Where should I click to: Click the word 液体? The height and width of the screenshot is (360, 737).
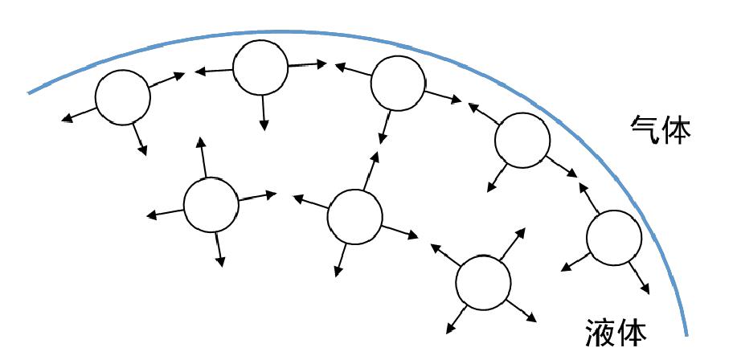616,332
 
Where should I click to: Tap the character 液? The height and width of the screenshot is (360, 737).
600,332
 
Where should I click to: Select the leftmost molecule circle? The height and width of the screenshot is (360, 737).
122,96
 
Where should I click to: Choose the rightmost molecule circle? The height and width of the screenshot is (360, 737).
614,238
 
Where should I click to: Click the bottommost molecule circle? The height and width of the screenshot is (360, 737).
483,283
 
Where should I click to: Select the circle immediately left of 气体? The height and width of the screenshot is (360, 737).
522,140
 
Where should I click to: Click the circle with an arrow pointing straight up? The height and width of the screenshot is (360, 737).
211,205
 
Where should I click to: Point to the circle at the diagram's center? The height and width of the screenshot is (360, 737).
354,217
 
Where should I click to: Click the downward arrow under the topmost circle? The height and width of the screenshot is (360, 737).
263,112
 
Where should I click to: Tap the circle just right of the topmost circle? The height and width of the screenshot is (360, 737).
397,83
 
